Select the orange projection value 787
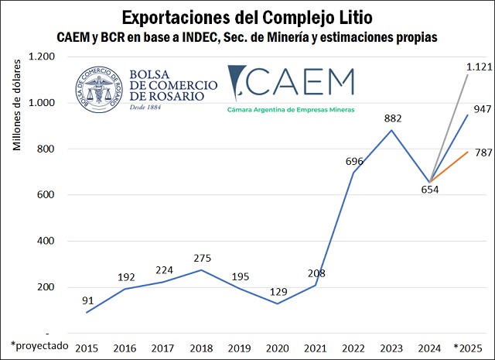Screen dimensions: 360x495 (x=482, y=152)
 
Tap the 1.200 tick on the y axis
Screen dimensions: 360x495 (x=42, y=57)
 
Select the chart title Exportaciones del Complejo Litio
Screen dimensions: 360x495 (x=247, y=15)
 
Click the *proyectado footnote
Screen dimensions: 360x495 (x=39, y=343)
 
